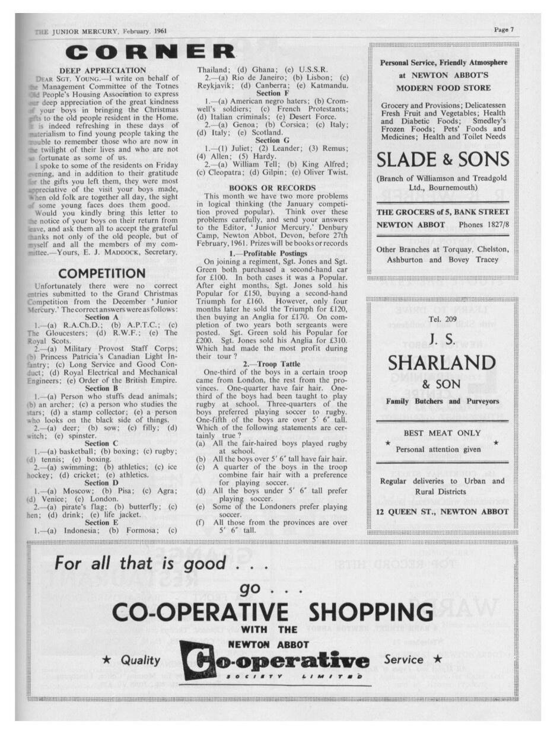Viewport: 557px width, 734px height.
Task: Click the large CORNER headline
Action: [x=149, y=52]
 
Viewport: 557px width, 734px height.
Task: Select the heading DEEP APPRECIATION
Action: [x=111, y=71]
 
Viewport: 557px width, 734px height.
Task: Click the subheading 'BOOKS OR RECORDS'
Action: [x=272, y=187]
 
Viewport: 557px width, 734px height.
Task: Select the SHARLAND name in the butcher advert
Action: [x=442, y=362]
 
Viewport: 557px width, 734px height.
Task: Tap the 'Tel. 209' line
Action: [x=442, y=320]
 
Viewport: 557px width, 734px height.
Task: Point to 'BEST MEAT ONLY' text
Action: [x=442, y=433]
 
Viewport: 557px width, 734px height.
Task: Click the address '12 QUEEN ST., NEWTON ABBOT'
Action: [x=442, y=512]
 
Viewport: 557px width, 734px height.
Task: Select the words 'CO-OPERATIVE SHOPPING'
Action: [x=272, y=611]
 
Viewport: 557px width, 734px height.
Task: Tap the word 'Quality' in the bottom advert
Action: [x=140, y=660]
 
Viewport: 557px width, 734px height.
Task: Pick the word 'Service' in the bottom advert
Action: [x=404, y=659]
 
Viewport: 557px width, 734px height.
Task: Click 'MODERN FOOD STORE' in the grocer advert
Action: [x=443, y=88]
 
